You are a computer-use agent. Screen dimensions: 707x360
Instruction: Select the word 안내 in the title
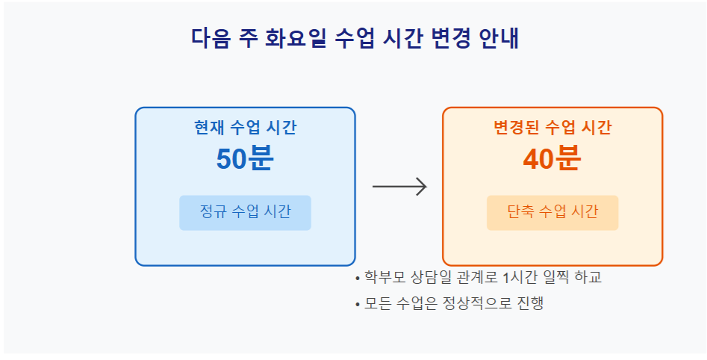pos(499,38)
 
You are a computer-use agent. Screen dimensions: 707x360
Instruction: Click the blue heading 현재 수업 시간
pos(246,127)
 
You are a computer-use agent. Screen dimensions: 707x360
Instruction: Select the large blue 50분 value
pos(245,158)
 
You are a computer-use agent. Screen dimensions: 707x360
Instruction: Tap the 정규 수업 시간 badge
pos(246,213)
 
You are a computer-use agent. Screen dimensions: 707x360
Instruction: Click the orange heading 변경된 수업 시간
pos(552,127)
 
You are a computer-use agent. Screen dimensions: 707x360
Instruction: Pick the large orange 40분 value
pos(552,158)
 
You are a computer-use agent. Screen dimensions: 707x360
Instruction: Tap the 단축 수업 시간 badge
pos(552,213)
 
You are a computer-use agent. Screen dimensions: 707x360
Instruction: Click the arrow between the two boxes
pos(399,186)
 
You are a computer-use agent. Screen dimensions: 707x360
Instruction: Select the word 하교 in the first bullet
pos(588,277)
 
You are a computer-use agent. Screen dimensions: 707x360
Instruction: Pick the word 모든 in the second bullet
pos(377,302)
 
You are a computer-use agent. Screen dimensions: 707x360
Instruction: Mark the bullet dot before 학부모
pos(358,279)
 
